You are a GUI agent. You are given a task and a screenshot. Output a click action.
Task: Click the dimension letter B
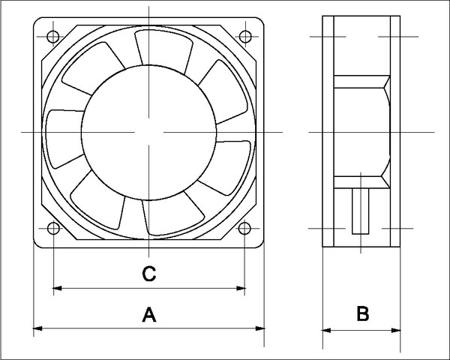coord(362,314)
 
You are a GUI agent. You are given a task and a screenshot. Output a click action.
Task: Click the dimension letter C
coord(148,274)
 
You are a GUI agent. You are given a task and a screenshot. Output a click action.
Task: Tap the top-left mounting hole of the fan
coord(52,35)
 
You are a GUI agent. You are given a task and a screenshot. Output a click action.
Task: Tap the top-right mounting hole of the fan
coord(245,35)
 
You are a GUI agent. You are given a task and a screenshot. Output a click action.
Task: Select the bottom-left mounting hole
coord(52,229)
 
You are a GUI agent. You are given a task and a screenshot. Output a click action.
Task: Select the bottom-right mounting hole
coord(245,229)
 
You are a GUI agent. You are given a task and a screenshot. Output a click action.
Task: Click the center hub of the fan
coord(148,132)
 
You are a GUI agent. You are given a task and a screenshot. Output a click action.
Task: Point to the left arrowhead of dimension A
coord(38,328)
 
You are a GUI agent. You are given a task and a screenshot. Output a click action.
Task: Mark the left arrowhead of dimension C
coord(57,287)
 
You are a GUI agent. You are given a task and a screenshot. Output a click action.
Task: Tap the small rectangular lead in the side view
coord(361,214)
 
